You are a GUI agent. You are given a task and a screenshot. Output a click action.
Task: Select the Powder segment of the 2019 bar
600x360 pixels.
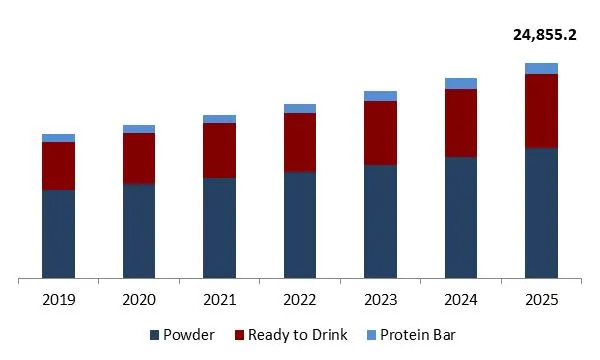pyautogui.click(x=58, y=233)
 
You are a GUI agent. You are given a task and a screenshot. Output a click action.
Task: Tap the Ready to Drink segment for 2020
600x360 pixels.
pyautogui.click(x=139, y=158)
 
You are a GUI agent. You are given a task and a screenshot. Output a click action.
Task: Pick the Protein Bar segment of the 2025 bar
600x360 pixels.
pyautogui.click(x=541, y=68)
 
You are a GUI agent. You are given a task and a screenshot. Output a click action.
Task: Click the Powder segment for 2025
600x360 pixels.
pyautogui.click(x=541, y=212)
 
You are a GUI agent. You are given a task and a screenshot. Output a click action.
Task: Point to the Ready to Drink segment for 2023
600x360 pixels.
pyautogui.click(x=380, y=133)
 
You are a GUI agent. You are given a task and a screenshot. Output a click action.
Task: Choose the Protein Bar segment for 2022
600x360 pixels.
pyautogui.click(x=300, y=108)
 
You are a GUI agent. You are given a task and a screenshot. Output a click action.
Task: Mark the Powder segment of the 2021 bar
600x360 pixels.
pyautogui.click(x=219, y=227)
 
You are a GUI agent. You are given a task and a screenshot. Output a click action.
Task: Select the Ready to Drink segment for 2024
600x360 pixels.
pyautogui.click(x=461, y=123)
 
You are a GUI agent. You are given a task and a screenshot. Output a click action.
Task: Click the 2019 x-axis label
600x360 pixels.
pyautogui.click(x=58, y=299)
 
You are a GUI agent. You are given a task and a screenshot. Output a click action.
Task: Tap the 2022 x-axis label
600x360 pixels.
pyautogui.click(x=300, y=299)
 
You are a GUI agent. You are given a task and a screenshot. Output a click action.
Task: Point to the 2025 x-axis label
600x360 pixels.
pyautogui.click(x=541, y=299)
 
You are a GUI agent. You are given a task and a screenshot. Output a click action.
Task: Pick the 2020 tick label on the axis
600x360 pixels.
pyautogui.click(x=139, y=299)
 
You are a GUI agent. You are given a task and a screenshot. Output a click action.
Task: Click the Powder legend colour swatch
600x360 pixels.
pyautogui.click(x=154, y=335)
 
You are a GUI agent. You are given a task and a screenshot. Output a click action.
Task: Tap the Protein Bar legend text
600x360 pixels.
pyautogui.click(x=418, y=335)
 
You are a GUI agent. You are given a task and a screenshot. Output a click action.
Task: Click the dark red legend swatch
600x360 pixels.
pyautogui.click(x=240, y=335)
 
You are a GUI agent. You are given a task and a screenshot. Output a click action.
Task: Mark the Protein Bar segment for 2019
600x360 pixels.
pyautogui.click(x=58, y=138)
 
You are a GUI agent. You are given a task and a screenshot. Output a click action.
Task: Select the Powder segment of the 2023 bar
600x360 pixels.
pyautogui.click(x=380, y=221)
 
